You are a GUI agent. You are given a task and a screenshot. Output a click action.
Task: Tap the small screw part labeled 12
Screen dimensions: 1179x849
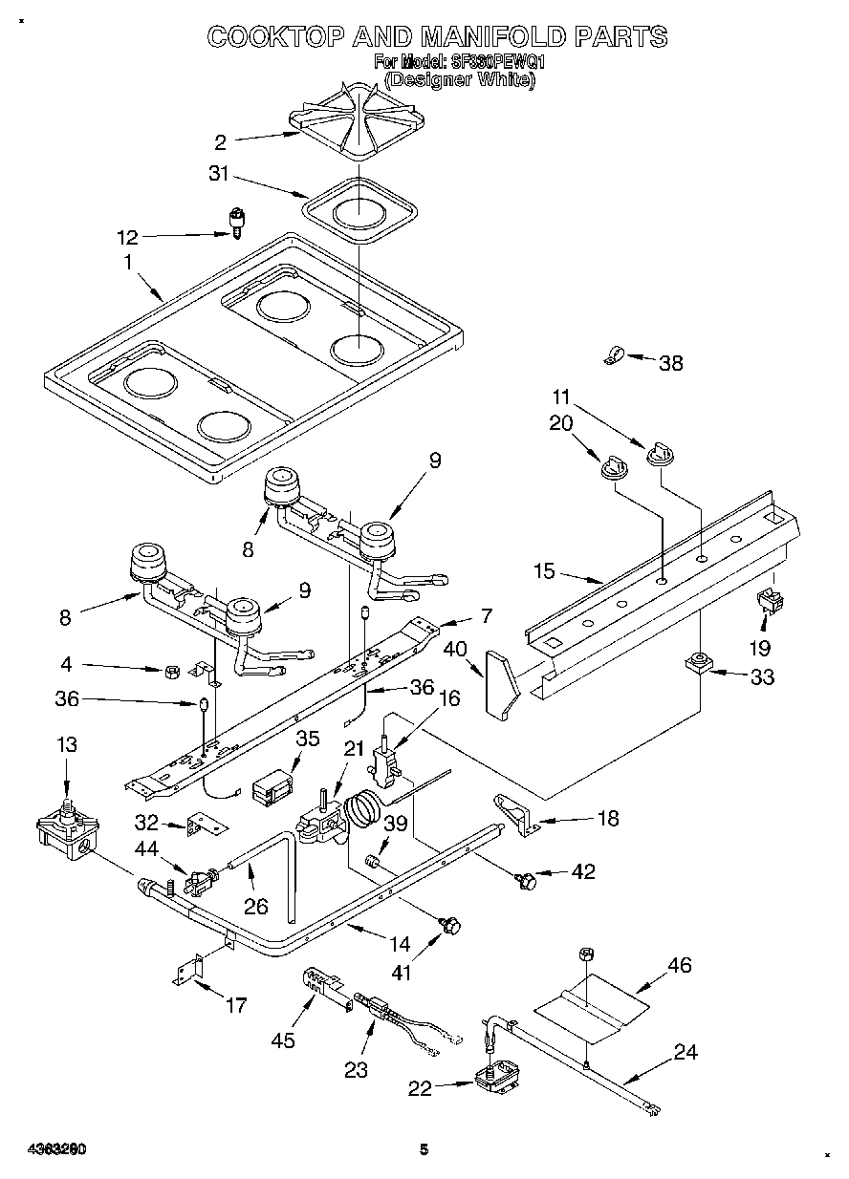[x=234, y=223]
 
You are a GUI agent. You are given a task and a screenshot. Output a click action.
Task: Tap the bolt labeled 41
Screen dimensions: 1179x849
[x=451, y=924]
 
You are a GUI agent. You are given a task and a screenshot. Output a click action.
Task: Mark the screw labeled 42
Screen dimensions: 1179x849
[x=524, y=879]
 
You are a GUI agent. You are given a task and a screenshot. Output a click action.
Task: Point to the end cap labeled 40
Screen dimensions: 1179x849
[x=501, y=682]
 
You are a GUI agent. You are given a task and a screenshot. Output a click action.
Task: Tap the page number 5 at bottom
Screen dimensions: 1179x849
[x=424, y=1150]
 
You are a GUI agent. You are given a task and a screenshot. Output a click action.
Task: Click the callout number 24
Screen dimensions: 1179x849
[x=685, y=1052]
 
